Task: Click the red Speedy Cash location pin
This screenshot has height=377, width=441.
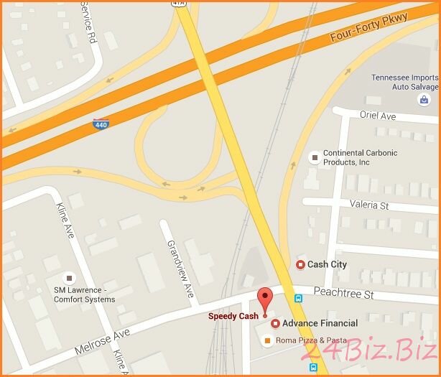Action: click(x=265, y=299)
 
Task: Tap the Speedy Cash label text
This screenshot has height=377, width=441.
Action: click(x=233, y=317)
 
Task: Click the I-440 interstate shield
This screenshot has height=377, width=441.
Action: click(x=101, y=124)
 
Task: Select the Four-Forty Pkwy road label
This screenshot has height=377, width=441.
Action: click(x=368, y=28)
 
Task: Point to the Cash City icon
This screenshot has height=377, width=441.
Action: click(x=300, y=265)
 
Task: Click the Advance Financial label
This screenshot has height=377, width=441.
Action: click(x=320, y=323)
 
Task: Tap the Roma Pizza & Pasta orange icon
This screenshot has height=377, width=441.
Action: click(x=268, y=340)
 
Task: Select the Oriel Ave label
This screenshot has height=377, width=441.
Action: click(x=378, y=116)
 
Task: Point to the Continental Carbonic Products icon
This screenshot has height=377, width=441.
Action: click(x=313, y=157)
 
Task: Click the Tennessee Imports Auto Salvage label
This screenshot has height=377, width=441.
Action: click(x=404, y=82)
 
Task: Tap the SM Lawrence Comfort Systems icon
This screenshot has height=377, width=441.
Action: click(x=69, y=277)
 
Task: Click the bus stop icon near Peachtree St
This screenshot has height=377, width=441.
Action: click(x=298, y=298)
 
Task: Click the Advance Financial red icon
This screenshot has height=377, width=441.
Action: click(x=275, y=323)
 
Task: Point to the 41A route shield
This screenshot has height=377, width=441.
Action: click(x=179, y=4)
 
